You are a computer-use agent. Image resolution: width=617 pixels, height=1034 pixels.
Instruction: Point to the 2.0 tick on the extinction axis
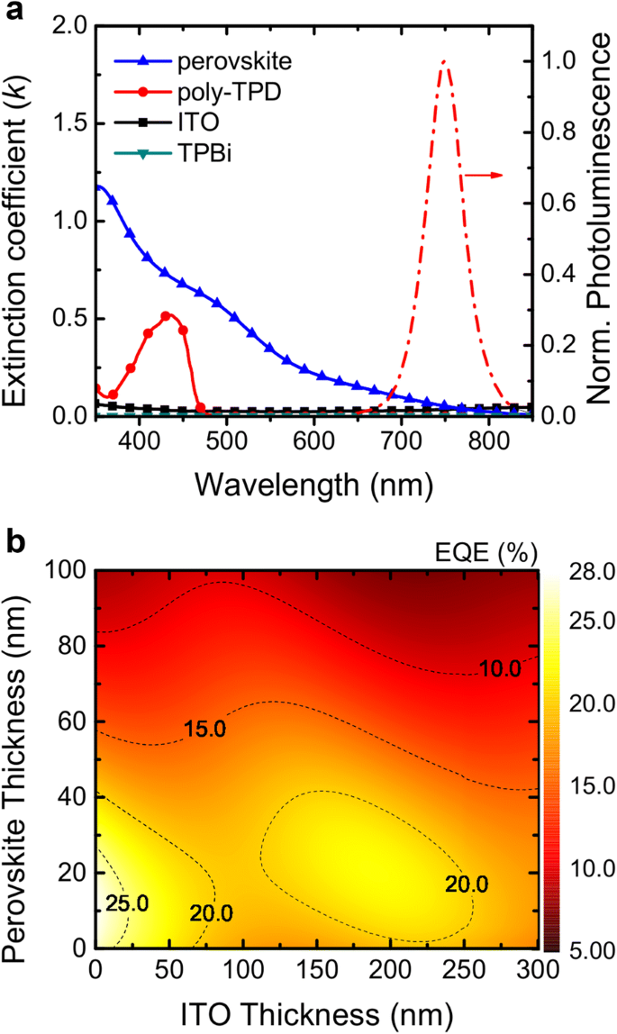click(x=69, y=28)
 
